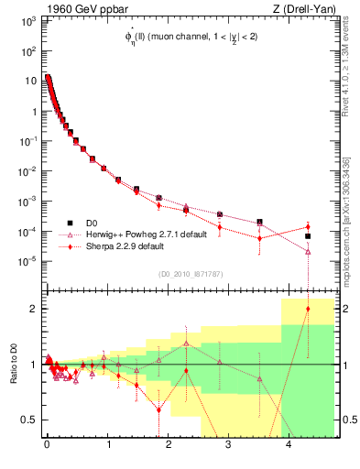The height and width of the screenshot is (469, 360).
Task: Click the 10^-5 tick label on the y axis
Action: tap(26, 261)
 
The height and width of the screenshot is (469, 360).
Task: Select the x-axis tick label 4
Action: tap(289, 448)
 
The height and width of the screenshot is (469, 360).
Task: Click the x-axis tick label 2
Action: tap(168, 448)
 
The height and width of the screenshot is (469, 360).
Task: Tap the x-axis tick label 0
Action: tap(47, 448)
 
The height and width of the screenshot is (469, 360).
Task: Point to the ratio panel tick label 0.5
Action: tap(30, 420)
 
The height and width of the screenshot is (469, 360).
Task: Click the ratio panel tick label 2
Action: tap(35, 309)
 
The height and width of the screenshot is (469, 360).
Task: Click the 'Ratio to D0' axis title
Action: tap(12, 365)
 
